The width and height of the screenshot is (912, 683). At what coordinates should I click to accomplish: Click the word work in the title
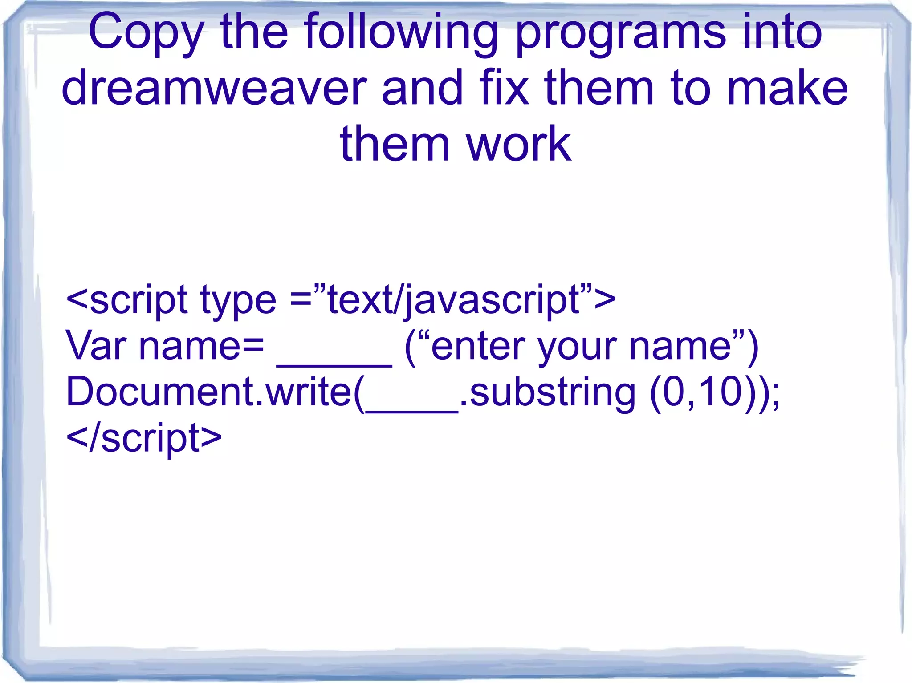click(x=519, y=144)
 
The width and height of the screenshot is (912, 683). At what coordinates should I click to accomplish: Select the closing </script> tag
click(x=143, y=438)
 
